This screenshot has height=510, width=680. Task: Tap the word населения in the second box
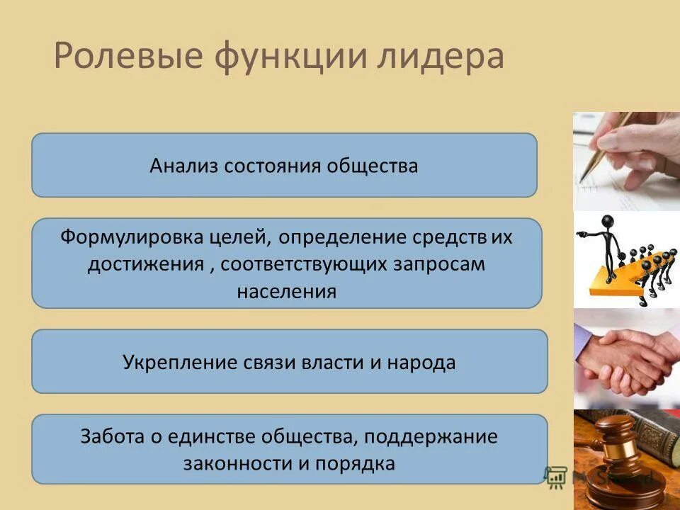tap(286, 291)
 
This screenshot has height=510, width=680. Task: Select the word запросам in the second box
tap(449, 264)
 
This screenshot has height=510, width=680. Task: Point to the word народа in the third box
tap(421, 363)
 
